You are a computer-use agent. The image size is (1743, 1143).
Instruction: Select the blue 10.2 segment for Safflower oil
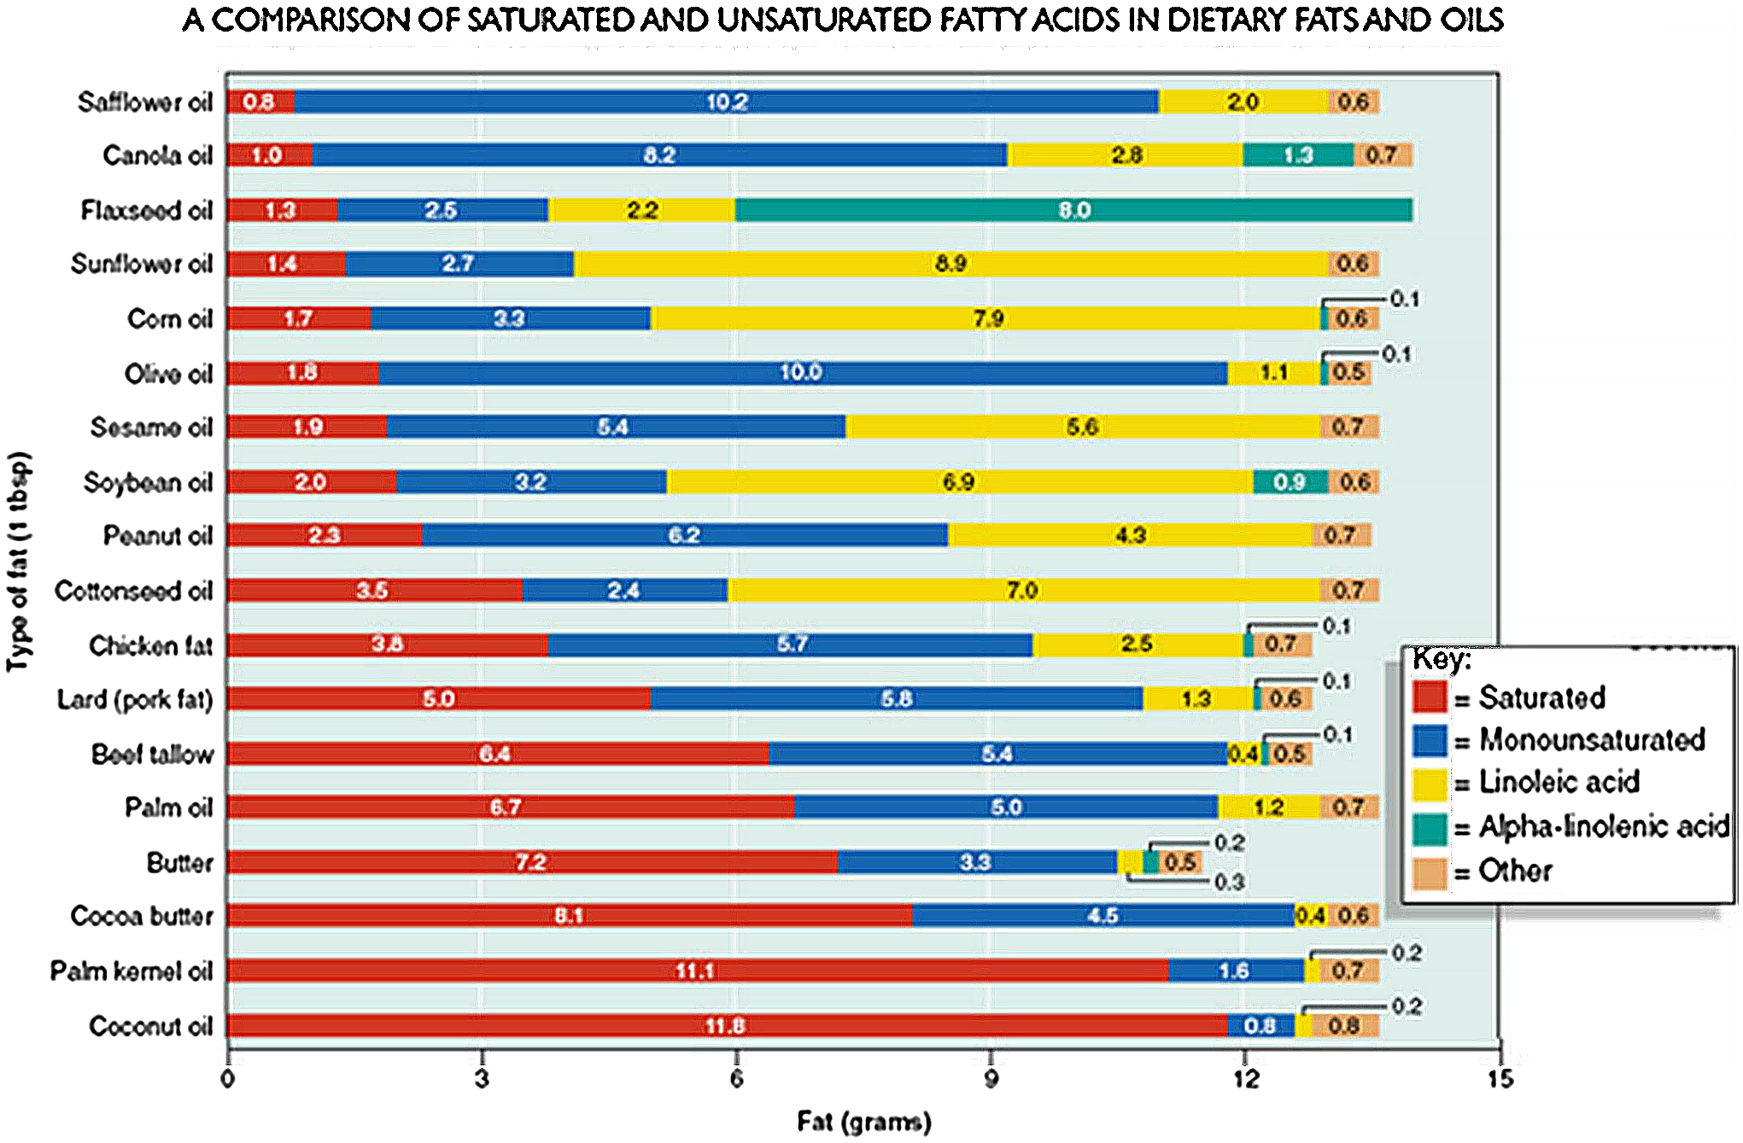(x=726, y=102)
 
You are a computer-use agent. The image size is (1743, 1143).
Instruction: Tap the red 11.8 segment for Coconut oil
(x=726, y=1025)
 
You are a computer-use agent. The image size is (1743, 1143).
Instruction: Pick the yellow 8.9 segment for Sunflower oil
(x=950, y=264)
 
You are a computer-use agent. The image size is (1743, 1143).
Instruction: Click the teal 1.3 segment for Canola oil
(x=1297, y=155)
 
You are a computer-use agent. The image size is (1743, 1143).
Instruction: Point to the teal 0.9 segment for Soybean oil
(x=1290, y=481)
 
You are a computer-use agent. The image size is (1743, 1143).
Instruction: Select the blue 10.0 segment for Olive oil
(x=801, y=372)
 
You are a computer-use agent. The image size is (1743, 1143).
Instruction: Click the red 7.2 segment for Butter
(x=531, y=862)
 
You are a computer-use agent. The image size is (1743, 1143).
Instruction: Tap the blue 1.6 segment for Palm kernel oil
(x=1235, y=971)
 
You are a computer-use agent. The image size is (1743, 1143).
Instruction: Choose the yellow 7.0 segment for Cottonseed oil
(x=1022, y=590)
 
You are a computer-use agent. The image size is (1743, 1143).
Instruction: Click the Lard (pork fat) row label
(x=135, y=700)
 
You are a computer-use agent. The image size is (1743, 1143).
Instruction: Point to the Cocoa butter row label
(x=142, y=916)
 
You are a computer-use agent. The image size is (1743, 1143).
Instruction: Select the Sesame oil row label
(x=151, y=427)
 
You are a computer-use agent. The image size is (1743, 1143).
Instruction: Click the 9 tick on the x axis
(x=991, y=1079)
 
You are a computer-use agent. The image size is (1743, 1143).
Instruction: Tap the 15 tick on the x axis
(x=1500, y=1079)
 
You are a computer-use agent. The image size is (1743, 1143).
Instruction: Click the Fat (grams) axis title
(x=863, y=1121)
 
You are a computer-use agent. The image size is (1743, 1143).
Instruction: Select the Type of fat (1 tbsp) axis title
(x=19, y=561)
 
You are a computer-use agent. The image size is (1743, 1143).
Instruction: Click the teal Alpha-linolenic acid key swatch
(x=1430, y=827)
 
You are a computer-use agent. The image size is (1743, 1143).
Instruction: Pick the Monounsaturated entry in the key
(x=1591, y=739)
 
